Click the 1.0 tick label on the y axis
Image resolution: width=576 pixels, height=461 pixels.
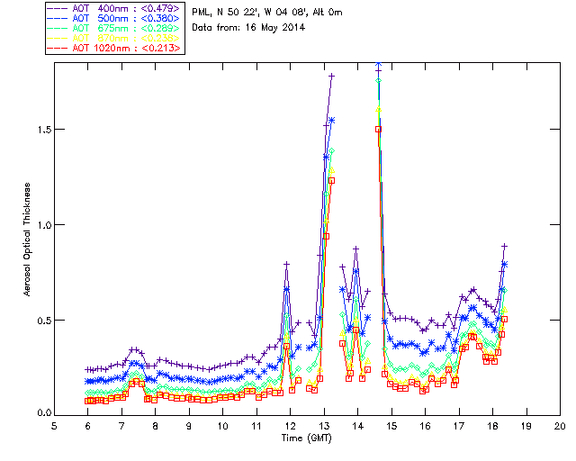click(42, 225)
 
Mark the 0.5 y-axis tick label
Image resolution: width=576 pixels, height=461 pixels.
click(42, 320)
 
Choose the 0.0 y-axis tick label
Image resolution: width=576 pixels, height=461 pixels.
click(42, 414)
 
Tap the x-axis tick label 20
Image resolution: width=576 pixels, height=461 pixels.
click(560, 426)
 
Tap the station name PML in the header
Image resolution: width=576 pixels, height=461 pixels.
click(202, 12)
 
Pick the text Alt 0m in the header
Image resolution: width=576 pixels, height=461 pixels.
click(323, 12)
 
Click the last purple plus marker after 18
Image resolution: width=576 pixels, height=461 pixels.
click(505, 246)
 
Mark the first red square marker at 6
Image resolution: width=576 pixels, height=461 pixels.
click(88, 401)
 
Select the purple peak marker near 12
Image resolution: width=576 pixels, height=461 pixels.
click(287, 264)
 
